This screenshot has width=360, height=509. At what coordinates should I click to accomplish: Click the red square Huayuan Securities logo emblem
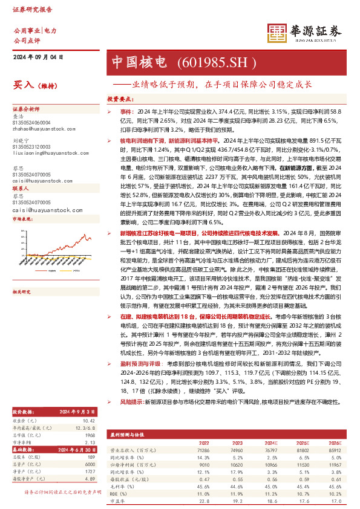pyautogui.click(x=277, y=33)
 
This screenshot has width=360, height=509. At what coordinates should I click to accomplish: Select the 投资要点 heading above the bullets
pyautogui.click(x=119, y=98)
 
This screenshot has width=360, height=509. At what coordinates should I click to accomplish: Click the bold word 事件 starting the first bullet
pyautogui.click(x=125, y=112)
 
